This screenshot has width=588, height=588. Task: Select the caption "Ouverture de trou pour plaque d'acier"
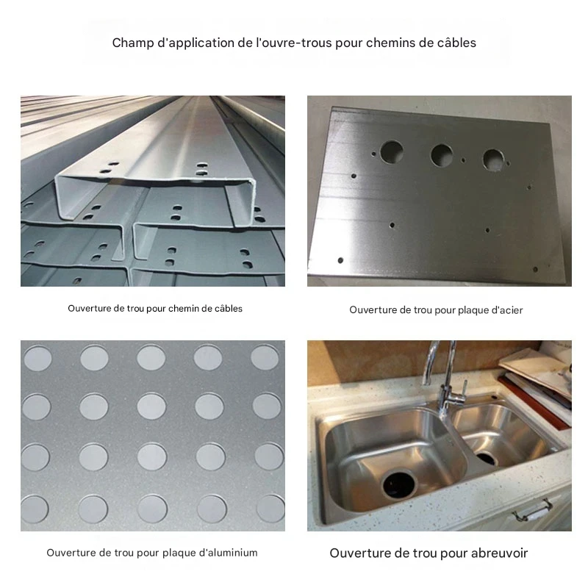[x=436, y=310]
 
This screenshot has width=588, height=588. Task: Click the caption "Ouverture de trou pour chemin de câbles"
[x=155, y=309]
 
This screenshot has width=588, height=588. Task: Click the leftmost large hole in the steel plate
[x=392, y=152]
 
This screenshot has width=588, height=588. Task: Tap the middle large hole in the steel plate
[x=442, y=155]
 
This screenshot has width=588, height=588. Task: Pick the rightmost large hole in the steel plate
[x=493, y=159]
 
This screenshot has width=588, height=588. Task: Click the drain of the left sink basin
[x=399, y=485]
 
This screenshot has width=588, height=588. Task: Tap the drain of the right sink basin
[x=487, y=458]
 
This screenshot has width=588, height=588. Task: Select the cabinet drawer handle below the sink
[x=533, y=511]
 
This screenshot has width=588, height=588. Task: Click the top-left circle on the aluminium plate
[x=38, y=359]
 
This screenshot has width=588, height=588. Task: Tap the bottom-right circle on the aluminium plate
[x=270, y=509]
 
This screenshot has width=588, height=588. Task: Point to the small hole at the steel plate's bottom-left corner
[x=340, y=260]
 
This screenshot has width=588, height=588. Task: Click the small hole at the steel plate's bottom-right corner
[x=535, y=269]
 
